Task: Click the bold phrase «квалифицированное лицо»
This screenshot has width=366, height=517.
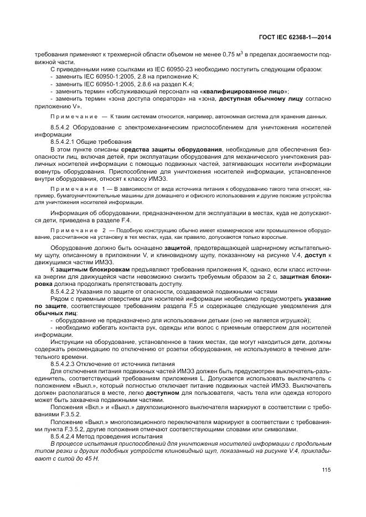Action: (x=252, y=91)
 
